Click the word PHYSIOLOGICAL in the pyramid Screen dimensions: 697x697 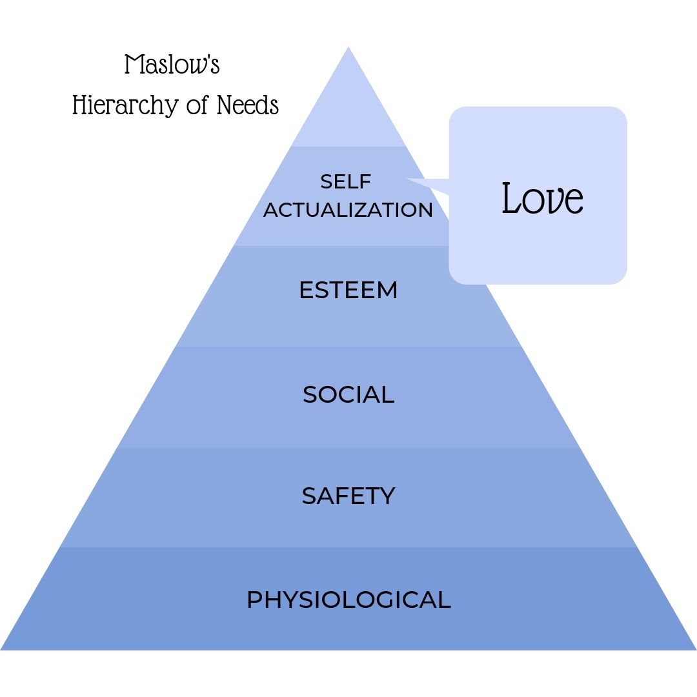coord(348,600)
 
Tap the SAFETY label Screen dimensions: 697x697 coord(348,496)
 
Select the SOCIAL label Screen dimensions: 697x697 coord(348,394)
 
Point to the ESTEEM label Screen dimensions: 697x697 coord(348,290)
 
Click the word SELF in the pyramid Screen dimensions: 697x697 coord(346,182)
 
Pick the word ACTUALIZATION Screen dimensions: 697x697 coord(348,210)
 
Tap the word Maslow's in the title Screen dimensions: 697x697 coord(172,65)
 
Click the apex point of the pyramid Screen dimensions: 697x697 coord(348,48)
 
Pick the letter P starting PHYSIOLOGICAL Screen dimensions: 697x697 coord(254,600)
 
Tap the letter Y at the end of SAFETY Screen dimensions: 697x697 coord(387,496)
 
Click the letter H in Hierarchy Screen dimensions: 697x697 coord(79,105)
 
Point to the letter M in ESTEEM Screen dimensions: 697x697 coord(387,290)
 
